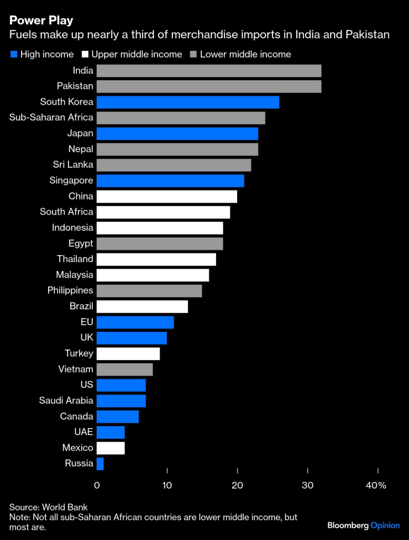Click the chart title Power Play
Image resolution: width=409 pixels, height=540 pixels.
(x=41, y=20)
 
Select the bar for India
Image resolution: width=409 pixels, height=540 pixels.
(x=208, y=70)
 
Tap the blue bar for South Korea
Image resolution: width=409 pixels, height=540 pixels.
(x=187, y=102)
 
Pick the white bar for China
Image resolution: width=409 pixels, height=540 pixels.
(x=166, y=196)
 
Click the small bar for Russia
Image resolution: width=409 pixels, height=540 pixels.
(x=100, y=464)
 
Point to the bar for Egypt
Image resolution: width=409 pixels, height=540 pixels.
(x=159, y=243)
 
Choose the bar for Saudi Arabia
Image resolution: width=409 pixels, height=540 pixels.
(x=120, y=401)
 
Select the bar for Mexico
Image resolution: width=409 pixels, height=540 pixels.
(x=110, y=448)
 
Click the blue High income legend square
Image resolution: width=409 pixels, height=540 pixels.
(x=13, y=54)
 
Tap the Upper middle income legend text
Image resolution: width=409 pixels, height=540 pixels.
(x=137, y=54)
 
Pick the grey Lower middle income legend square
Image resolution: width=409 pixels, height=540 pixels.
(x=193, y=54)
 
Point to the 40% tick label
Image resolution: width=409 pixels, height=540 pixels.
(x=376, y=485)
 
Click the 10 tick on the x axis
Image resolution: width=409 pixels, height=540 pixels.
(x=167, y=485)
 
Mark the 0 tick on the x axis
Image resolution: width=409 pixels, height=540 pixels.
(x=97, y=485)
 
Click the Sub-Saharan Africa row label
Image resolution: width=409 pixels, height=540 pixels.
(x=51, y=117)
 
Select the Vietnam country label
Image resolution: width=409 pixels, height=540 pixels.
(x=76, y=369)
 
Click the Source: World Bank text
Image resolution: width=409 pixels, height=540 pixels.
(x=48, y=507)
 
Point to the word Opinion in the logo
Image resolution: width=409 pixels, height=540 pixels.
(x=385, y=525)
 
